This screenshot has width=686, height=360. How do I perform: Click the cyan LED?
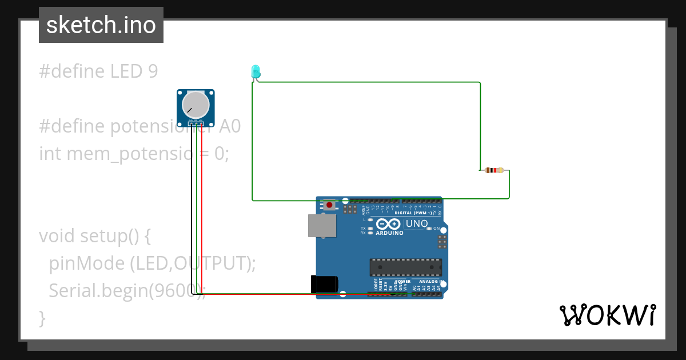[256, 71]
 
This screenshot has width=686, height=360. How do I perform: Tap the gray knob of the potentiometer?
[196, 105]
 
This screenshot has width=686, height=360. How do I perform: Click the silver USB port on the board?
[322, 225]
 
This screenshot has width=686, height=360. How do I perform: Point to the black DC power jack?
[324, 284]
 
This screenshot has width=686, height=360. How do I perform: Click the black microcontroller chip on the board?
[405, 267]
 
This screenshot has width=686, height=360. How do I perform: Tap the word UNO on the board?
[416, 223]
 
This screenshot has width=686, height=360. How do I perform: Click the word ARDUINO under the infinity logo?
[389, 233]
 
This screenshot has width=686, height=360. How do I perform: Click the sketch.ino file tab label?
[101, 25]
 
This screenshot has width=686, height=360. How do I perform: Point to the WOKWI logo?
[607, 315]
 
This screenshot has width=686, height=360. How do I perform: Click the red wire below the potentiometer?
[201, 211]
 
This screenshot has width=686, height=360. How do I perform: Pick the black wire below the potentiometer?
[192, 211]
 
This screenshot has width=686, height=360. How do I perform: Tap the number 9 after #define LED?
[153, 71]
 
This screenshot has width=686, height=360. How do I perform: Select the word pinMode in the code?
[86, 263]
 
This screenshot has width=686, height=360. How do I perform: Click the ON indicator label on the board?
[436, 229]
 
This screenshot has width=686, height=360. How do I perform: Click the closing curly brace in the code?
[42, 318]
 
